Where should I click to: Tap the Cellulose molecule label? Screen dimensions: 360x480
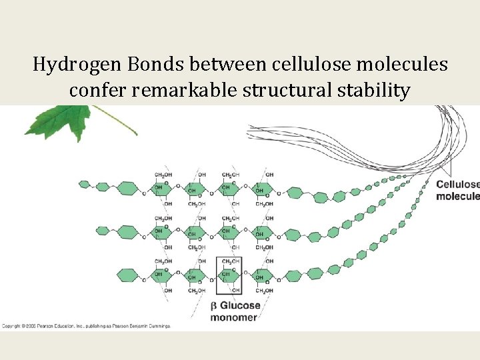(457, 190)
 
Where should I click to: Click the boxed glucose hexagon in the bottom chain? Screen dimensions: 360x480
(229, 275)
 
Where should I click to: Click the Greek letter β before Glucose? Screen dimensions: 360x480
(214, 306)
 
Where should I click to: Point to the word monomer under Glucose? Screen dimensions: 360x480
(234, 317)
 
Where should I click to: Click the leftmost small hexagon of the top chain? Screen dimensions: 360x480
(84, 183)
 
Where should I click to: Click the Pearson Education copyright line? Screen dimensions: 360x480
(87, 326)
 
